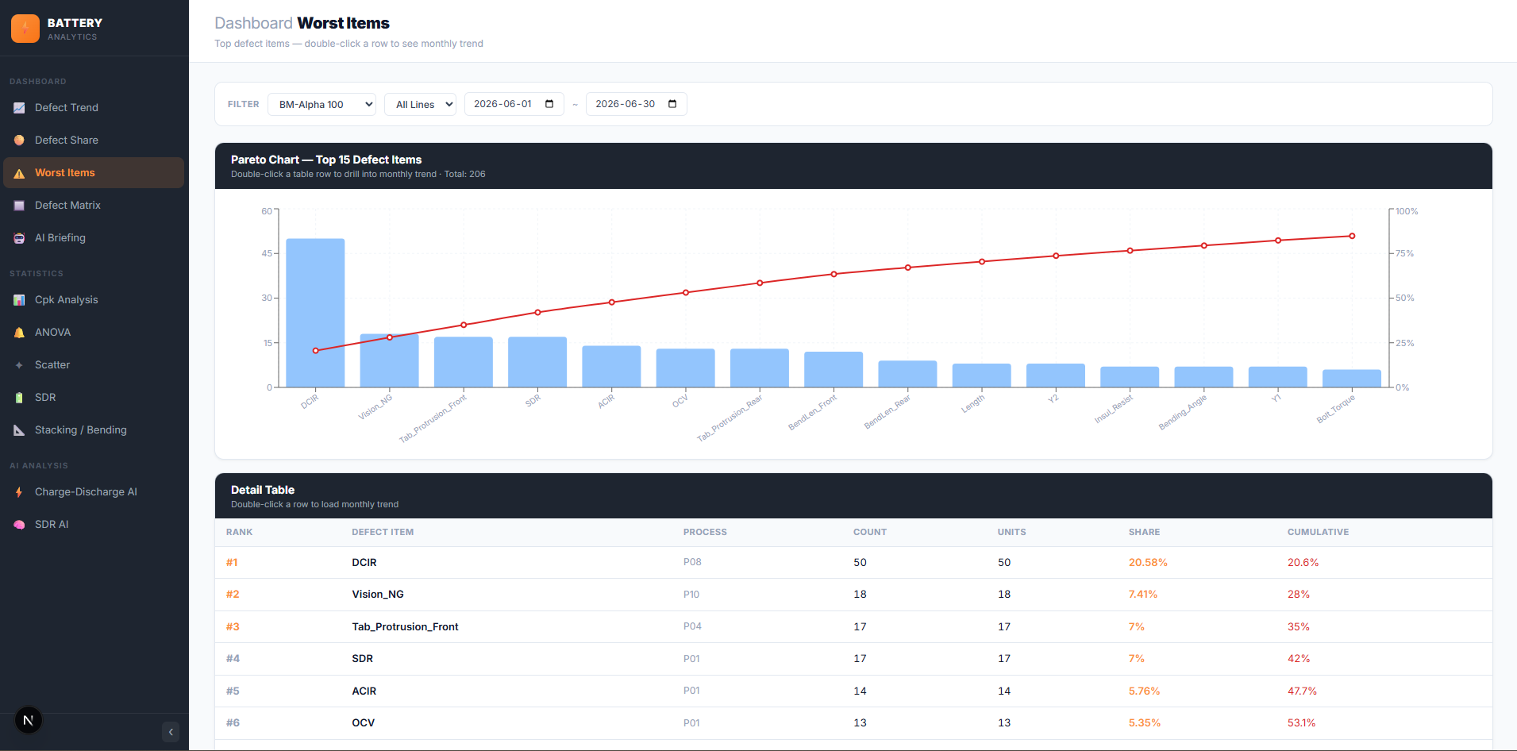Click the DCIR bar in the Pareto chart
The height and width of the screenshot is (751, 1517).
(315, 313)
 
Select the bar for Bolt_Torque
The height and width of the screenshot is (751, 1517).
(1352, 379)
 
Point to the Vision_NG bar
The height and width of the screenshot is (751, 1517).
(389, 360)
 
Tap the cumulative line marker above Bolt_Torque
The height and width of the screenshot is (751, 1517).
(1352, 236)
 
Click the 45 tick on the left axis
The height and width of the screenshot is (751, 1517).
(267, 253)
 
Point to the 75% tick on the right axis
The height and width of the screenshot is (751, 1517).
(1404, 253)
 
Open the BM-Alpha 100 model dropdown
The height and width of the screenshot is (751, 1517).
(321, 104)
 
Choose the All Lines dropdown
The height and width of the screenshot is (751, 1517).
(420, 104)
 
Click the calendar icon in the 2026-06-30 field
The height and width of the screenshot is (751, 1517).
(672, 104)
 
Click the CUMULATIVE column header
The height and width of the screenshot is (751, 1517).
(1318, 532)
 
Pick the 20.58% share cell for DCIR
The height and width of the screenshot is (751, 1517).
(1148, 562)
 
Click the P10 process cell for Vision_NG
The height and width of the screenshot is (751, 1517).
(691, 594)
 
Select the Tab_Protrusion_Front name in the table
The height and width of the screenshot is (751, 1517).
(405, 626)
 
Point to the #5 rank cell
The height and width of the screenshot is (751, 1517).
(233, 691)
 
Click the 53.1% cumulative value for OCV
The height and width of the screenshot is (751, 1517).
(1301, 722)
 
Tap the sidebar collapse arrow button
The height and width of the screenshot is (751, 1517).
(171, 732)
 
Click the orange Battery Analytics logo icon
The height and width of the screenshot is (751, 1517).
(25, 29)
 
